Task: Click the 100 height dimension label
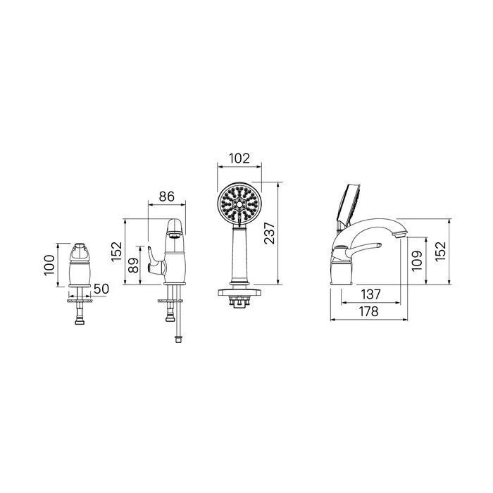click(49, 265)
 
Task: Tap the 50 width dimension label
click(101, 289)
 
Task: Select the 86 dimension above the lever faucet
click(166, 196)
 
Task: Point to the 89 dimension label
click(133, 266)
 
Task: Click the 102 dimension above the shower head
click(239, 158)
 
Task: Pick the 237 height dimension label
click(270, 233)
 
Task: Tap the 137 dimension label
click(370, 294)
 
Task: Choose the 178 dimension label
click(368, 311)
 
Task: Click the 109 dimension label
click(417, 261)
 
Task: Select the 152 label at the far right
click(440, 251)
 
